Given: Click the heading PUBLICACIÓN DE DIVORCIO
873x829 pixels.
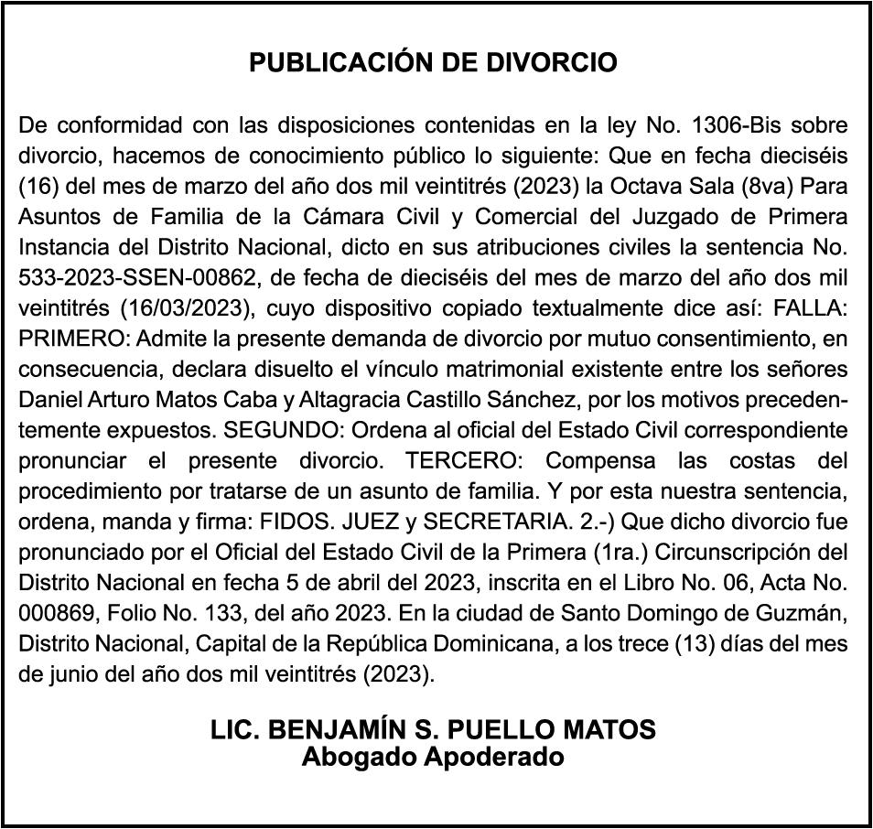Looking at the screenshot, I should pos(434,63).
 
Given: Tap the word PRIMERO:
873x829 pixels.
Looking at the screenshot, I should pos(74,339).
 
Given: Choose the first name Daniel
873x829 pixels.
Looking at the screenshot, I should pos(50,400).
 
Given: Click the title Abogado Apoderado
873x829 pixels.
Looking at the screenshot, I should pos(434,758).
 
